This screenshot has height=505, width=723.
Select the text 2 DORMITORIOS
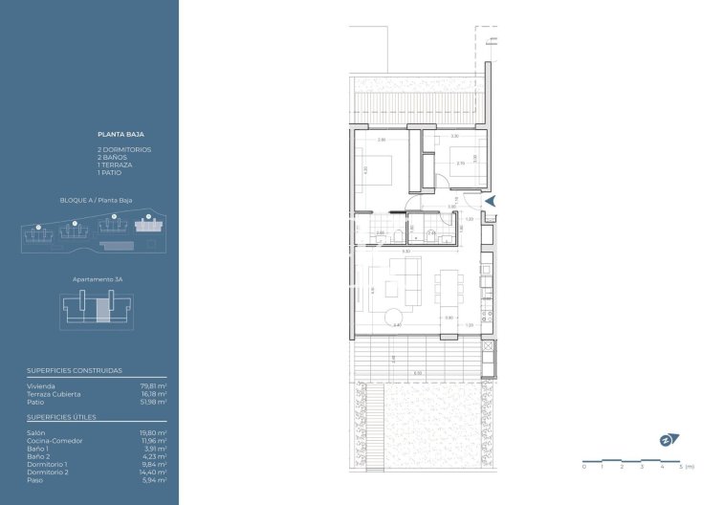click(x=124, y=150)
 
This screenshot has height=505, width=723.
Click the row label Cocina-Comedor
click(x=55, y=441)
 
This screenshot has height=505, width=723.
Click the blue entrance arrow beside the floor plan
click(x=492, y=201)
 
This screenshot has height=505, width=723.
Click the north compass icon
click(x=668, y=440)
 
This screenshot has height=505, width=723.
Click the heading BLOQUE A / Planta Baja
click(x=96, y=201)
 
